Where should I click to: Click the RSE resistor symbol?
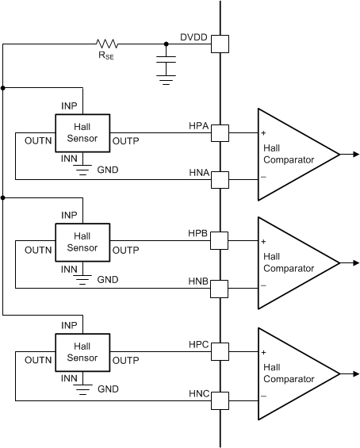coord(106,44)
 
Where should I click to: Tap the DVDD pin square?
coord(220,44)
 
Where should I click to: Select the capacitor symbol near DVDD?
coord(166,62)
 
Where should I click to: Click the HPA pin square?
coord(220,132)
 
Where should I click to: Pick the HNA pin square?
coord(220,179)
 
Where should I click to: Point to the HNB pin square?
coord(220,289)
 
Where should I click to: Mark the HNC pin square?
coord(220,400)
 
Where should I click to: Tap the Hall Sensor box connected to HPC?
coord(82,351)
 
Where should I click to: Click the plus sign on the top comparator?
coord(263,132)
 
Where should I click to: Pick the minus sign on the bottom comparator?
coord(263,396)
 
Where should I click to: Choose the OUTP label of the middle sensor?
coord(126,251)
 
